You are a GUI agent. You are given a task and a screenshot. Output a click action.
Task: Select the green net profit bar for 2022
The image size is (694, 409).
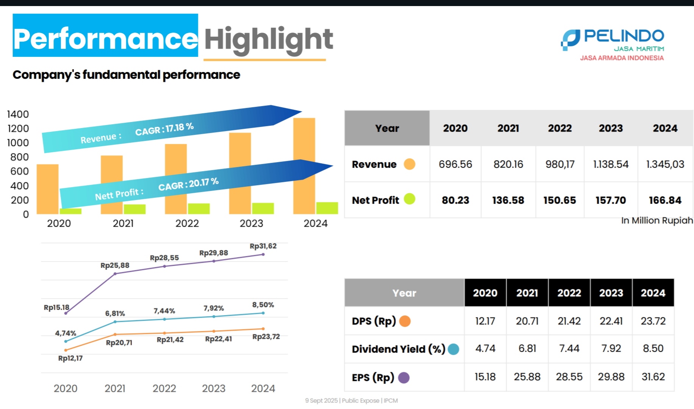tap(199, 208)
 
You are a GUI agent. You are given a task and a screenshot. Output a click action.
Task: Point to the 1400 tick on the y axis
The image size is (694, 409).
tap(18, 114)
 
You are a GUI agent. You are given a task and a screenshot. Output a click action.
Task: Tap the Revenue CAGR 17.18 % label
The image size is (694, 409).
tap(164, 129)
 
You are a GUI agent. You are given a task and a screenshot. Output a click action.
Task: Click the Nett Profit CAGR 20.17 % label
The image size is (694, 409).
tap(188, 184)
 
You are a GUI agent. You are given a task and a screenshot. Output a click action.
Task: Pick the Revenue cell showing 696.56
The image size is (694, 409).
tap(455, 164)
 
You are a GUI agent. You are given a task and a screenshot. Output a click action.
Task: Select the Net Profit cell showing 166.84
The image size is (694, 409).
tap(665, 200)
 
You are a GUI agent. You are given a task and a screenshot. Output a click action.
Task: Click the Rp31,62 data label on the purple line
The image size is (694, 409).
tap(263, 246)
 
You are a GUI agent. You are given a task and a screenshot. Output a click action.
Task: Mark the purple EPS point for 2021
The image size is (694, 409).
tap(115, 273)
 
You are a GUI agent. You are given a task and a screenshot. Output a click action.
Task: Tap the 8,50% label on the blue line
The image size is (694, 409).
tap(263, 305)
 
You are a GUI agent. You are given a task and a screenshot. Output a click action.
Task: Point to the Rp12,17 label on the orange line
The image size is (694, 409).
tap(70, 358)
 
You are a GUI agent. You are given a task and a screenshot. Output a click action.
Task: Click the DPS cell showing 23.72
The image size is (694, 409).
tap(653, 321)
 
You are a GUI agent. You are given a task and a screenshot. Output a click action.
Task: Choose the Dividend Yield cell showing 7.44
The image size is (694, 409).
tap(569, 348)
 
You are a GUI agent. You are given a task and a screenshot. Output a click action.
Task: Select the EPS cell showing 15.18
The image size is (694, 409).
tap(485, 377)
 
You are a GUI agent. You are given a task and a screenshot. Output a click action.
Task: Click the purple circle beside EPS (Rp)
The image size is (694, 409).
tap(404, 378)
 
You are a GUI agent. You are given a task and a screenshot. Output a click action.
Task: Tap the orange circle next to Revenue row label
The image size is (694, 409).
tap(409, 164)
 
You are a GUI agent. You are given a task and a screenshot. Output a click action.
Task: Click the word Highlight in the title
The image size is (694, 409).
tap(268, 39)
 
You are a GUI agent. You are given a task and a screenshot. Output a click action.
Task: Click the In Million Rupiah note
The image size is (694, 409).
tap(656, 220)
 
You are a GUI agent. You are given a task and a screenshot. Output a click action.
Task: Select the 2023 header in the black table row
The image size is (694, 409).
tap(611, 293)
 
